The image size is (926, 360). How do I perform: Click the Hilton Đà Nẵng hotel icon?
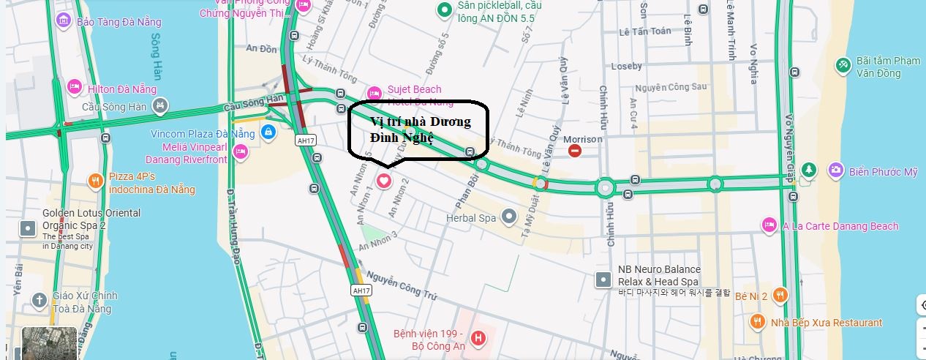pos(73,87)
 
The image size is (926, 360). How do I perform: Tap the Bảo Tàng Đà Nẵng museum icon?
pos(64,20)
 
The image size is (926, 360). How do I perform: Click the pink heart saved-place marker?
pos(384,180)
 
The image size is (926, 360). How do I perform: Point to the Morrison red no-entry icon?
pos(575,151)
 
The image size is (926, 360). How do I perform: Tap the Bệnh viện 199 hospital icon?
pos(478,338)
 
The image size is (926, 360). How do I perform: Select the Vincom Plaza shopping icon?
pos(268,133)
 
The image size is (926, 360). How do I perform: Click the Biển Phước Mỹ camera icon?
pos(835,170)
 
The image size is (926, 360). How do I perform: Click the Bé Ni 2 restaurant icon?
pos(780,295)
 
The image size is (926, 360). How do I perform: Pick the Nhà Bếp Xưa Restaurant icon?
pos(757,321)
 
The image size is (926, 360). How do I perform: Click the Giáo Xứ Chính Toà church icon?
pos(39,300)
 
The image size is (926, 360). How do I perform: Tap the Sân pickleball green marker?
pos(443,10)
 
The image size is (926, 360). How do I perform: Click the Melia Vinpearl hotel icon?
pos(240,151)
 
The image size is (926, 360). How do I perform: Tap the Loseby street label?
pos(625,66)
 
